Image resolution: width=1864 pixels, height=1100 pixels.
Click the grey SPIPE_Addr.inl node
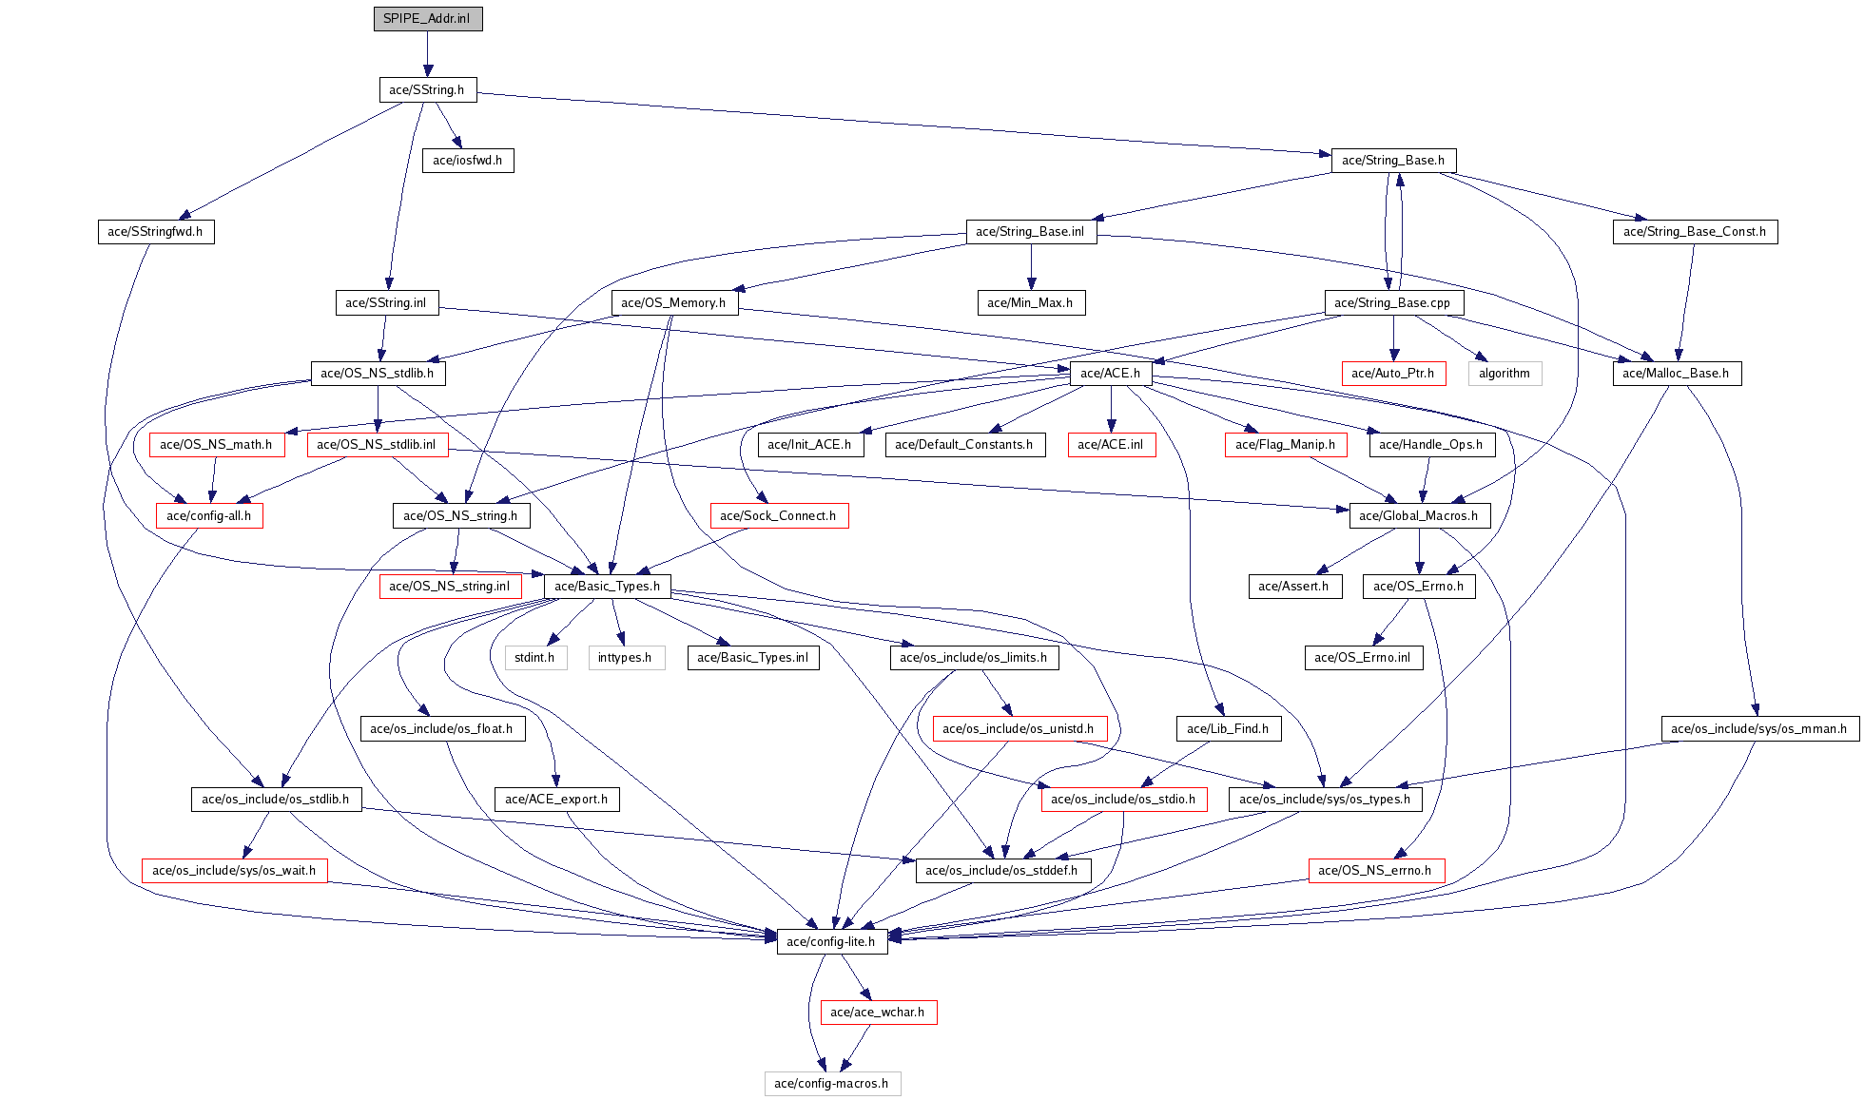(x=428, y=19)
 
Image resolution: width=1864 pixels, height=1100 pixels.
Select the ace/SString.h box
(x=427, y=90)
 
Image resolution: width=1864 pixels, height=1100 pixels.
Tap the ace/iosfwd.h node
(x=468, y=161)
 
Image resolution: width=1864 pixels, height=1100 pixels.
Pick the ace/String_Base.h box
(x=1393, y=161)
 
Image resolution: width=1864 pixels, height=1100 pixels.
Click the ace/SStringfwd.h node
(x=155, y=232)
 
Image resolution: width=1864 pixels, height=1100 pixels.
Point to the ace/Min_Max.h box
(x=1030, y=303)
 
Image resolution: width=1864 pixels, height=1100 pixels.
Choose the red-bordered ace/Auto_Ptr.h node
(x=1393, y=374)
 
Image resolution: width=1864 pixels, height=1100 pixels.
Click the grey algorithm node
(x=1505, y=374)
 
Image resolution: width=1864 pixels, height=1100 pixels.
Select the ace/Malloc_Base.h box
(x=1677, y=374)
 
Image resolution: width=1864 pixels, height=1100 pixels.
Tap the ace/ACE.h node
(x=1111, y=374)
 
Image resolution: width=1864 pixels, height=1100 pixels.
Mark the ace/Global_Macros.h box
(x=1419, y=516)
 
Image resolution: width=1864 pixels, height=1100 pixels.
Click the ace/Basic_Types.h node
(x=608, y=587)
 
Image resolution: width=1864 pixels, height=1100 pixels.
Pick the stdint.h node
(x=534, y=658)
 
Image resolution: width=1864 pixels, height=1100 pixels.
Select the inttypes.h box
(x=625, y=658)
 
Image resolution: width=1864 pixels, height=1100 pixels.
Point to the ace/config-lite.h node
(x=832, y=942)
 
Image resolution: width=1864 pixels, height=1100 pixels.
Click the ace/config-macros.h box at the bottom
(x=832, y=1084)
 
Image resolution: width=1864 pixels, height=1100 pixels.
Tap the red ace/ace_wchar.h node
(x=878, y=1013)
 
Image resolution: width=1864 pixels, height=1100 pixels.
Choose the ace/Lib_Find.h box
(x=1228, y=729)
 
